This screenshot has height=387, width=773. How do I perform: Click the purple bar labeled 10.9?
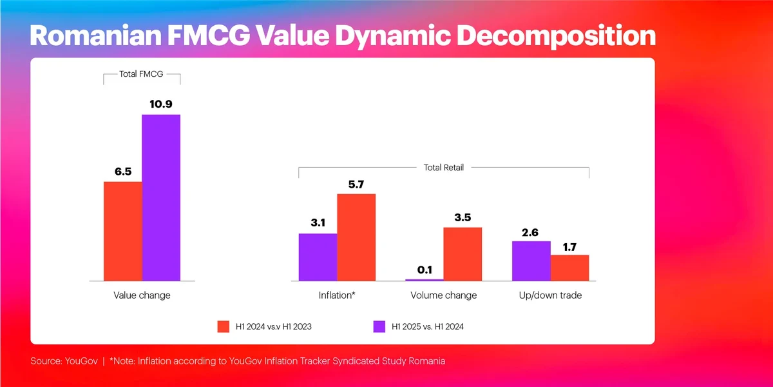(161, 197)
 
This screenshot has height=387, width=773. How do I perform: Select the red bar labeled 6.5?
(123, 231)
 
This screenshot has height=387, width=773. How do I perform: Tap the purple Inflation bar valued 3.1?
(318, 257)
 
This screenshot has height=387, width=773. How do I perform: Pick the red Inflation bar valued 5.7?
(356, 237)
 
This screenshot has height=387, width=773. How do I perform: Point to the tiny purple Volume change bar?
(425, 280)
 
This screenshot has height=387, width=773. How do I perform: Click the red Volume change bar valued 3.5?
(463, 253)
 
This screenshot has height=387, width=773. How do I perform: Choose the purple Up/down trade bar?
(531, 261)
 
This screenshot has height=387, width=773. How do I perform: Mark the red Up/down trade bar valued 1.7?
(570, 268)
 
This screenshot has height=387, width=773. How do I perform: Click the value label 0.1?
(425, 270)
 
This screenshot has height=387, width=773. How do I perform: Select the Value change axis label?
(142, 295)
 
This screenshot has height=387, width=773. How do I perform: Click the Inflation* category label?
(337, 295)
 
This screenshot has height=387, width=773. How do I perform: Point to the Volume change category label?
(444, 295)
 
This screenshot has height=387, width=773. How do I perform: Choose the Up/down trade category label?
(551, 295)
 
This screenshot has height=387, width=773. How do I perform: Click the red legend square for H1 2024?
(224, 326)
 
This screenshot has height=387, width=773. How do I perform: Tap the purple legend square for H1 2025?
(379, 326)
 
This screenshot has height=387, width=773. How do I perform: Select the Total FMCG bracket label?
(142, 74)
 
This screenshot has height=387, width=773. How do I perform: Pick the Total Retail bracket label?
(444, 168)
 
